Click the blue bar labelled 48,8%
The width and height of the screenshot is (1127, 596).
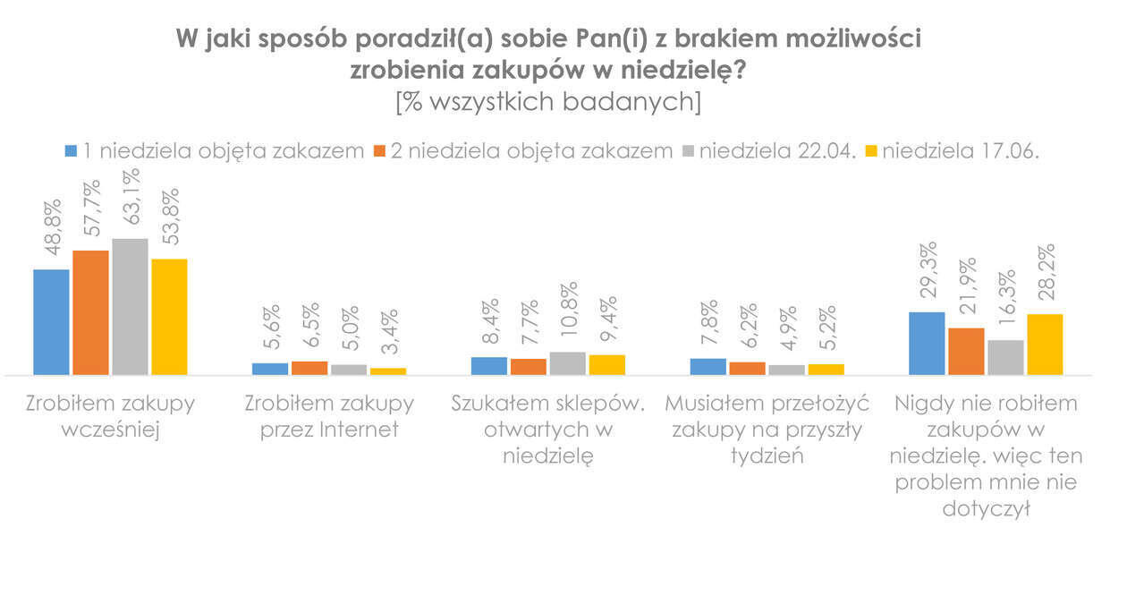tap(51, 322)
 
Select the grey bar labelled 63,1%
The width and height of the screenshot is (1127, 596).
tap(130, 307)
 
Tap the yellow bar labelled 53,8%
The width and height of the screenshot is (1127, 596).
tap(169, 317)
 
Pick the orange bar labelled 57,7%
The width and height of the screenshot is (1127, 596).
tap(90, 312)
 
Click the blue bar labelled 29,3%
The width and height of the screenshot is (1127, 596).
tap(927, 344)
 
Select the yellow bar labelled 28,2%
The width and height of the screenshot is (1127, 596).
tap(1045, 345)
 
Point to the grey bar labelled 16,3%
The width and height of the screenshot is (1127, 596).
tap(1005, 357)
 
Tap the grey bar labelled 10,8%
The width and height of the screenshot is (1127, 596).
tap(568, 363)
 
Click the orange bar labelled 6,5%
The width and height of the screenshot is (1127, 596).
tap(309, 368)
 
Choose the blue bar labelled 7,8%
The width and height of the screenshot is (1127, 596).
tap(708, 366)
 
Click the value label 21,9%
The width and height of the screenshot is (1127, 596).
tap(965, 292)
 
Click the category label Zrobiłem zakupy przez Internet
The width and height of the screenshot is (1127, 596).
tap(329, 416)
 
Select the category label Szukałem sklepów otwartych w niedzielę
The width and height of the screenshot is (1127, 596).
tap(547, 430)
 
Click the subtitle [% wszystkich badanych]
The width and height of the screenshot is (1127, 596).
tap(548, 101)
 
